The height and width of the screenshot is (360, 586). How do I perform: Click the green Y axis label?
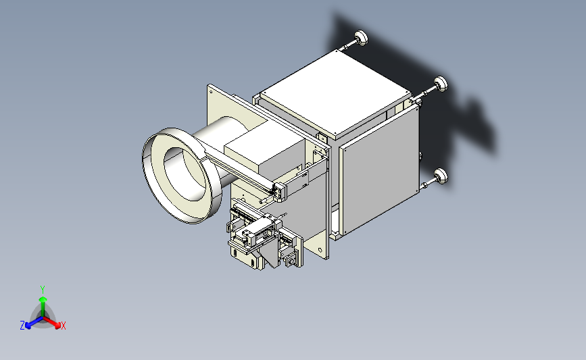(x=43, y=290)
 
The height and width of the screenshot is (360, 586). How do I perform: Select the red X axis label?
(x=63, y=326)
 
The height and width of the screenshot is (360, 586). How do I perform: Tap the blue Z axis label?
(x=22, y=326)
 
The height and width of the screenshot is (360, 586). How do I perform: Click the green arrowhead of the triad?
(x=43, y=299)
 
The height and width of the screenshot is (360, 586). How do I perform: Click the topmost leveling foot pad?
(x=362, y=38)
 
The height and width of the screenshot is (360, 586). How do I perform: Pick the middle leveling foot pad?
(x=441, y=84)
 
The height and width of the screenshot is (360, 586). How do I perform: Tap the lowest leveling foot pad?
(x=441, y=176)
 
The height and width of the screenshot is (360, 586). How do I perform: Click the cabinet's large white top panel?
(x=336, y=93)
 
